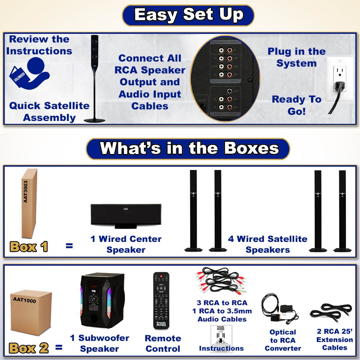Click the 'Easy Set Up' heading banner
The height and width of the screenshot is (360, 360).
tap(188, 15)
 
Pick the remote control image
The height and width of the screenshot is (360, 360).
tap(161, 301)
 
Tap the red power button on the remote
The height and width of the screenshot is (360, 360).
tap(161, 276)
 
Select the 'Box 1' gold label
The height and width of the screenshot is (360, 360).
tap(29, 247)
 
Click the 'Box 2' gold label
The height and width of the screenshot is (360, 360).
tap(29, 348)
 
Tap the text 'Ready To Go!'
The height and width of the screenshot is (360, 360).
tap(296, 105)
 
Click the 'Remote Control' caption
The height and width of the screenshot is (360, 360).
tap(163, 343)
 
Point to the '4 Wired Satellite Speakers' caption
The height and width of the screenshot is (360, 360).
tap(267, 244)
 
